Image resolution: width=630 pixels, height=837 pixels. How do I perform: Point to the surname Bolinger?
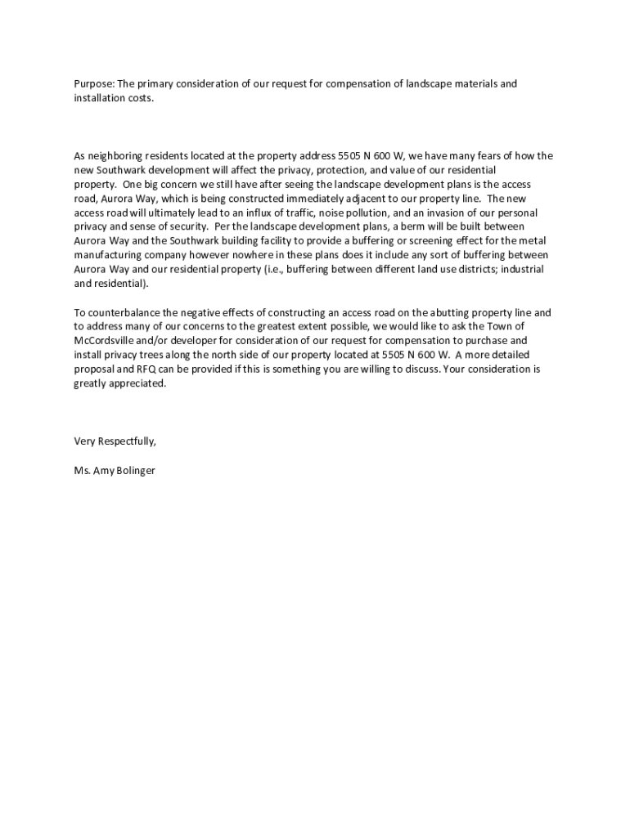pos(133,470)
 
